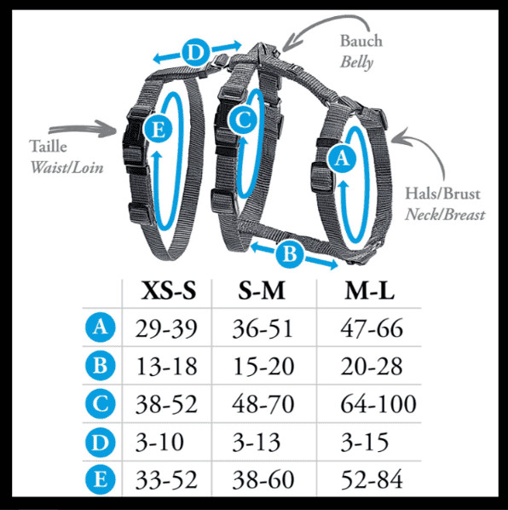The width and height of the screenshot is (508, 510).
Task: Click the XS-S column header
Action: tap(169, 290)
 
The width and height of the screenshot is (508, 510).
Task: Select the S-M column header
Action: tap(262, 290)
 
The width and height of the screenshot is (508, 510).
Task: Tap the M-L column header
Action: tap(370, 290)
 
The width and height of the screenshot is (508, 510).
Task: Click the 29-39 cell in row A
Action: tap(166, 327)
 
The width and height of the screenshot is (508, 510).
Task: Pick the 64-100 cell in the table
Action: tap(378, 404)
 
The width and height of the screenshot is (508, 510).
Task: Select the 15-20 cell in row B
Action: tap(263, 366)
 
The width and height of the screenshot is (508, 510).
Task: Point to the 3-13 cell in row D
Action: tap(256, 442)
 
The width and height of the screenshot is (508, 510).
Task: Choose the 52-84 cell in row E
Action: tap(372, 479)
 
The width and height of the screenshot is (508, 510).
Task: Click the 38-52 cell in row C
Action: tap(166, 404)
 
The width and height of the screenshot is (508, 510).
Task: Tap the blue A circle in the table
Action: tap(100, 327)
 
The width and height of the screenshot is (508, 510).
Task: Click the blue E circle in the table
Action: tap(100, 479)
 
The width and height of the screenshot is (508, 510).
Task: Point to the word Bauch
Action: tap(361, 41)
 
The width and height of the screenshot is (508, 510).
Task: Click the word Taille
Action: tap(48, 146)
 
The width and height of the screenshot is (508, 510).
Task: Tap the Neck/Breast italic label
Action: tap(445, 215)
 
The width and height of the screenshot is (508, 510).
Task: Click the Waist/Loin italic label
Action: tap(66, 167)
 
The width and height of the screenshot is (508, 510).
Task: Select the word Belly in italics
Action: tap(356, 61)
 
